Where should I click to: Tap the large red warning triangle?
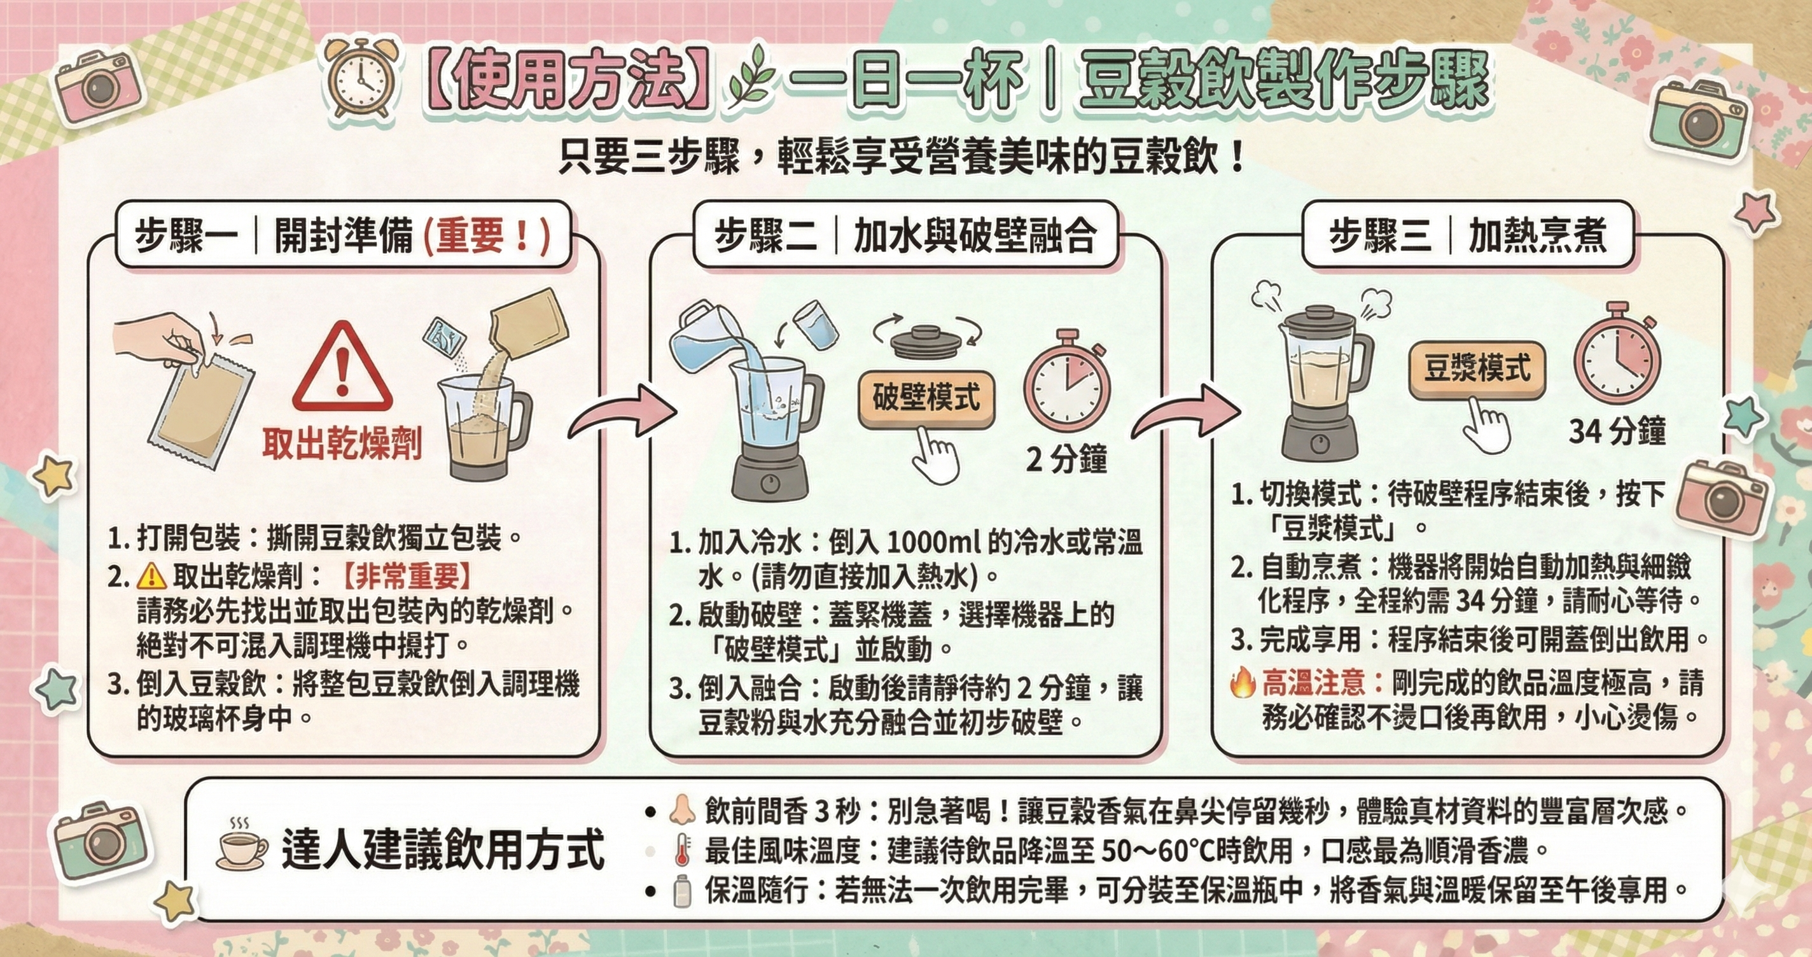click(342, 367)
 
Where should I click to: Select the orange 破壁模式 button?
click(926, 398)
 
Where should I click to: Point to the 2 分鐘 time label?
click(1066, 459)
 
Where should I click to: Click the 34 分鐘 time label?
click(1617, 430)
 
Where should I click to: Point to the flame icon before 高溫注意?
click(1243, 683)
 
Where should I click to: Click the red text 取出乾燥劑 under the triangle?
click(342, 444)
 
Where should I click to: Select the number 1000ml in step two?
click(932, 542)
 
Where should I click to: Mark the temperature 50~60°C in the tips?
click(1171, 850)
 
